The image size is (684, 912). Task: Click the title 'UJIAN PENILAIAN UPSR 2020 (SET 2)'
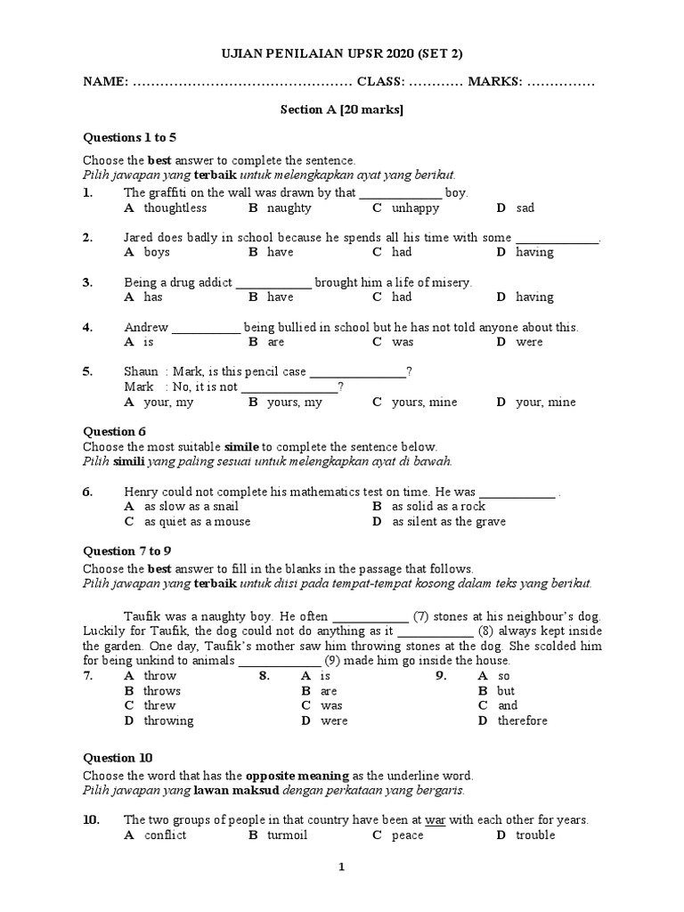point(342,53)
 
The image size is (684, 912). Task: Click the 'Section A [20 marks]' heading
point(342,110)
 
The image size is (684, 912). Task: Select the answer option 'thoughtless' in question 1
point(175,208)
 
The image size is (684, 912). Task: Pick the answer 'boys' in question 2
point(157,252)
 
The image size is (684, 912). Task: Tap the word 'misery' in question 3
point(451,282)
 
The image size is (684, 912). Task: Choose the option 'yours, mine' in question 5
point(424,402)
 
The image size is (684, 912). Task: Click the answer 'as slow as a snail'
point(191,506)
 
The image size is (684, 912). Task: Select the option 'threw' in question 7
point(159,705)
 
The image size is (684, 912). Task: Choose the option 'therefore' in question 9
point(522,721)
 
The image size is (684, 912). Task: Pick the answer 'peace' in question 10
point(407,835)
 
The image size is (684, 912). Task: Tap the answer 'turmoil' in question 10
point(287,835)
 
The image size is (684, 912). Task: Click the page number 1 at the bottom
point(341,892)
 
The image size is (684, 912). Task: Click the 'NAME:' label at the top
point(105,82)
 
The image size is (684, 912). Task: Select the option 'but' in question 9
point(506,690)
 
